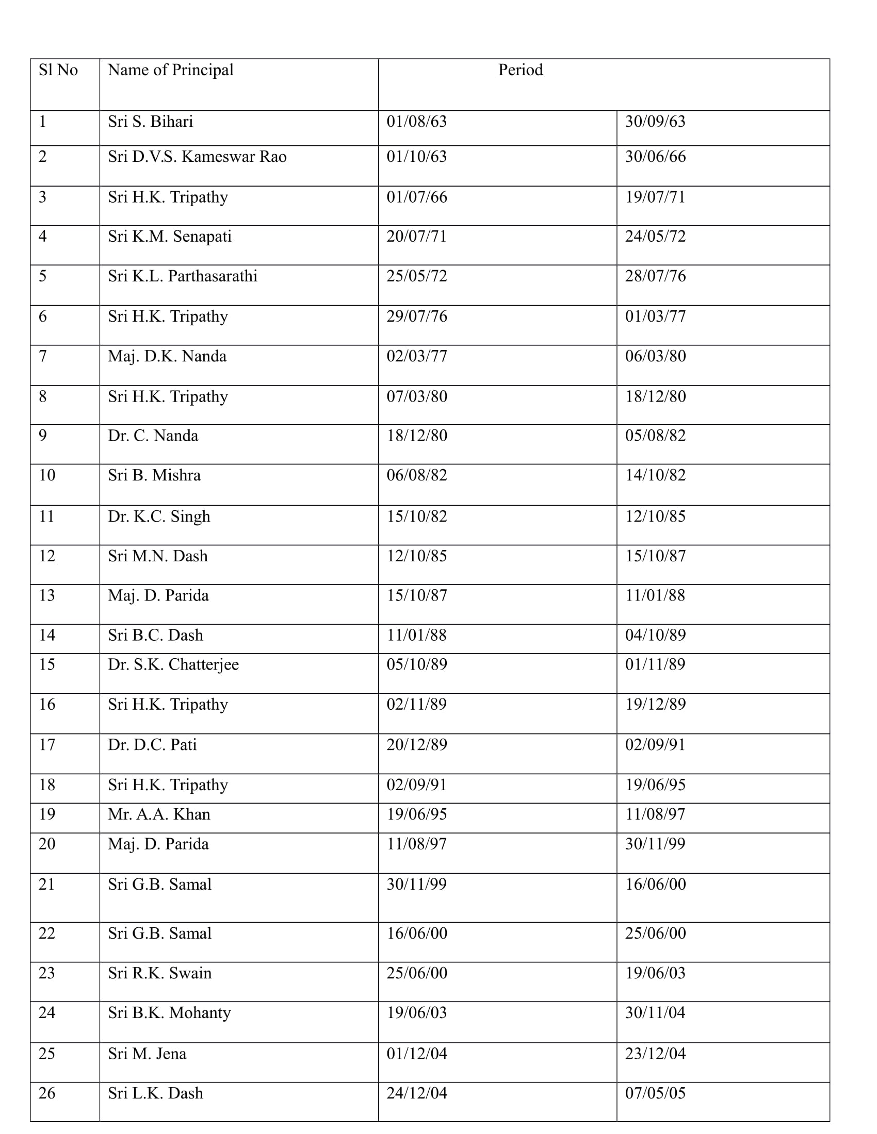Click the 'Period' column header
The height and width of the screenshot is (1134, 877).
[x=520, y=70]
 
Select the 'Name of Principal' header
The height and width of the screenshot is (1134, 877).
[x=170, y=70]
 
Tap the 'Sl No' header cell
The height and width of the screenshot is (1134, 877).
[x=58, y=70]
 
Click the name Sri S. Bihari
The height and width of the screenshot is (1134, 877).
[x=150, y=122]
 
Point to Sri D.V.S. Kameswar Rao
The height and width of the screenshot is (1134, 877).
[x=197, y=157]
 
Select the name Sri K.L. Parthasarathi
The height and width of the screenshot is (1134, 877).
[x=182, y=276]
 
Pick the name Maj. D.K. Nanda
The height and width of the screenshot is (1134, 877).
[x=167, y=356]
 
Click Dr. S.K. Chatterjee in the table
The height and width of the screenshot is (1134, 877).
[x=173, y=664]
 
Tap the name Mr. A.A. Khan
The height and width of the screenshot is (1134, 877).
[x=159, y=814]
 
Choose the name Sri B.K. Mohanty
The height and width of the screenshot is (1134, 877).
[x=169, y=1012]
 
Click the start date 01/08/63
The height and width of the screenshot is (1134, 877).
[x=417, y=122]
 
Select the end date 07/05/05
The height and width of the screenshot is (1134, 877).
[x=655, y=1093]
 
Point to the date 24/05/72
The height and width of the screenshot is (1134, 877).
[x=655, y=236]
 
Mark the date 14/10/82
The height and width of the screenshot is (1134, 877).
[x=655, y=475]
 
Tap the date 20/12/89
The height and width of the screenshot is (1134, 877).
[x=417, y=745]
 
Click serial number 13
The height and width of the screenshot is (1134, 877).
[x=47, y=595]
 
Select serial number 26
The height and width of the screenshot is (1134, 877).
[x=47, y=1093]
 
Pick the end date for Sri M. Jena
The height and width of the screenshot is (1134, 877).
[x=655, y=1054]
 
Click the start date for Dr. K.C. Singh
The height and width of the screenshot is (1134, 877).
[x=417, y=516]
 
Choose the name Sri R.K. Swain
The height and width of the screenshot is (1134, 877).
[x=159, y=973]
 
